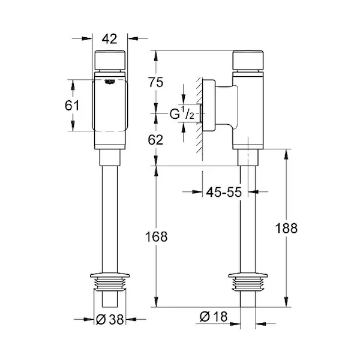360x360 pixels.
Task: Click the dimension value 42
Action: pos(110,39)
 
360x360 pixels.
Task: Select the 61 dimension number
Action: pos(72,106)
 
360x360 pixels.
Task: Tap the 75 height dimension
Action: pos(155,82)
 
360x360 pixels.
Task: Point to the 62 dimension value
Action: pos(155,140)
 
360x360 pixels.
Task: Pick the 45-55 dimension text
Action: pos(224,192)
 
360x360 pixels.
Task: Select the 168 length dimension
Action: pos(156,236)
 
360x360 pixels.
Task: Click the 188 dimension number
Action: pos(286,228)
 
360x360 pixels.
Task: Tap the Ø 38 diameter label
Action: pos(110,319)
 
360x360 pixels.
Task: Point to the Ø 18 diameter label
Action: pos(214,316)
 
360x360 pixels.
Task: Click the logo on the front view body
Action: pos(110,82)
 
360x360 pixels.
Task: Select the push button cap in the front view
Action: pos(110,60)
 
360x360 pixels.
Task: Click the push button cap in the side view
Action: pos(248,60)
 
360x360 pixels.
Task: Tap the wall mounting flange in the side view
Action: pos(209,106)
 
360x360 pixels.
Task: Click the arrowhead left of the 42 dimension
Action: pos(87,38)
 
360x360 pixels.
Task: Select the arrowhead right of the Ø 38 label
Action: pos(131,319)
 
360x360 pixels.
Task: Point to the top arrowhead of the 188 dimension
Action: pos(286,154)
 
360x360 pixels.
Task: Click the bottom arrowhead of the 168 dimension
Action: pos(156,302)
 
